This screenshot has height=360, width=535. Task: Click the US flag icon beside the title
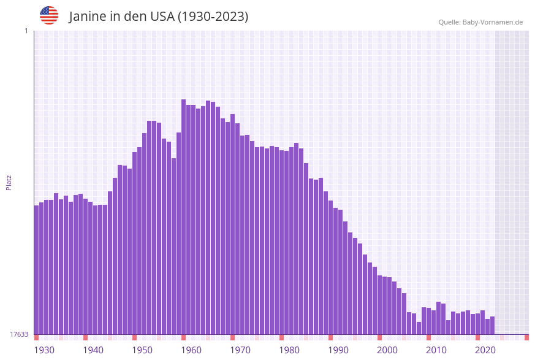[49, 15]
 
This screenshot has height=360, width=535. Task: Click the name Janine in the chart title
[88, 17]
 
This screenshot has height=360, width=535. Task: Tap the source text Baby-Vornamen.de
[493, 22]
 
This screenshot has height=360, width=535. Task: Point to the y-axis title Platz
[9, 182]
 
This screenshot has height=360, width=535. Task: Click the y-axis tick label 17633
[19, 334]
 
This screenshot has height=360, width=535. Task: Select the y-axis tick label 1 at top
[26, 31]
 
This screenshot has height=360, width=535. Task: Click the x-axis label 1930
[44, 350]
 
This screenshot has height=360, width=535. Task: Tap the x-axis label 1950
[142, 350]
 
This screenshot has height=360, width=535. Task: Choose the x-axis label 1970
[240, 350]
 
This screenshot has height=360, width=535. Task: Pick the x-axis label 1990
[338, 350]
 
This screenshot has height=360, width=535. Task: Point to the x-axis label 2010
[436, 350]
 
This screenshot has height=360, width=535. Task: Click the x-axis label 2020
[485, 350]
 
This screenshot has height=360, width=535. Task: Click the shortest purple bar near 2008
[419, 328]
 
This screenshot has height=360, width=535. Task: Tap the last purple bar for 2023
[492, 325]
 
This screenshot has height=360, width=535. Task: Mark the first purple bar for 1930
[36, 270]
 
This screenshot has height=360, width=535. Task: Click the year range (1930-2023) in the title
[213, 17]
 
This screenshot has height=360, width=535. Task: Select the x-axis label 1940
[93, 350]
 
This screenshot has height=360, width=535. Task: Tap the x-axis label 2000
[387, 350]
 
